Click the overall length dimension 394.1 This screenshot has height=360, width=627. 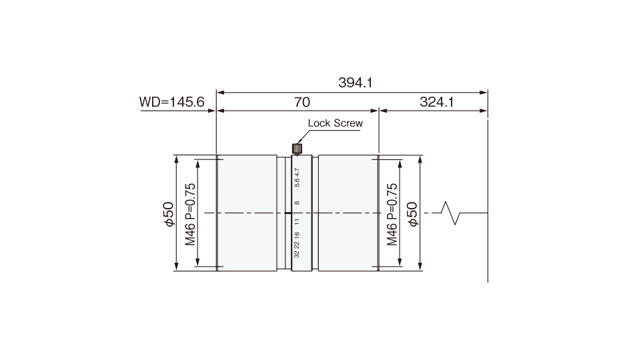(355, 83)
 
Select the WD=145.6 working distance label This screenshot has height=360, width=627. (171, 102)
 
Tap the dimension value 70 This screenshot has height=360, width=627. (302, 102)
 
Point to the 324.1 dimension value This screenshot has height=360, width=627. (437, 102)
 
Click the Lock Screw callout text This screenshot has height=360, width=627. (335, 123)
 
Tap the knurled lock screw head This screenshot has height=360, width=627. (297, 149)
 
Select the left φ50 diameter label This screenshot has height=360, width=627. (169, 214)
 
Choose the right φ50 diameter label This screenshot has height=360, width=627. (412, 214)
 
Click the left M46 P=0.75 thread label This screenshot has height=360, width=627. (190, 214)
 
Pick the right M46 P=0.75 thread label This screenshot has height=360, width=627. (392, 214)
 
